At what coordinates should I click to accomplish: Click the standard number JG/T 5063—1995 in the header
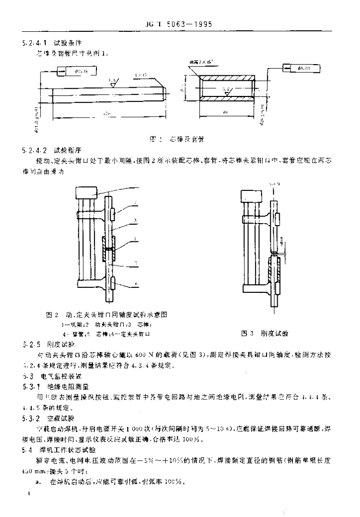pyautogui.click(x=181, y=23)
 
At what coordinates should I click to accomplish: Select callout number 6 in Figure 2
pyautogui.click(x=136, y=285)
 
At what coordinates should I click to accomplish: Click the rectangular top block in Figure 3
pyautogui.click(x=252, y=195)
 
